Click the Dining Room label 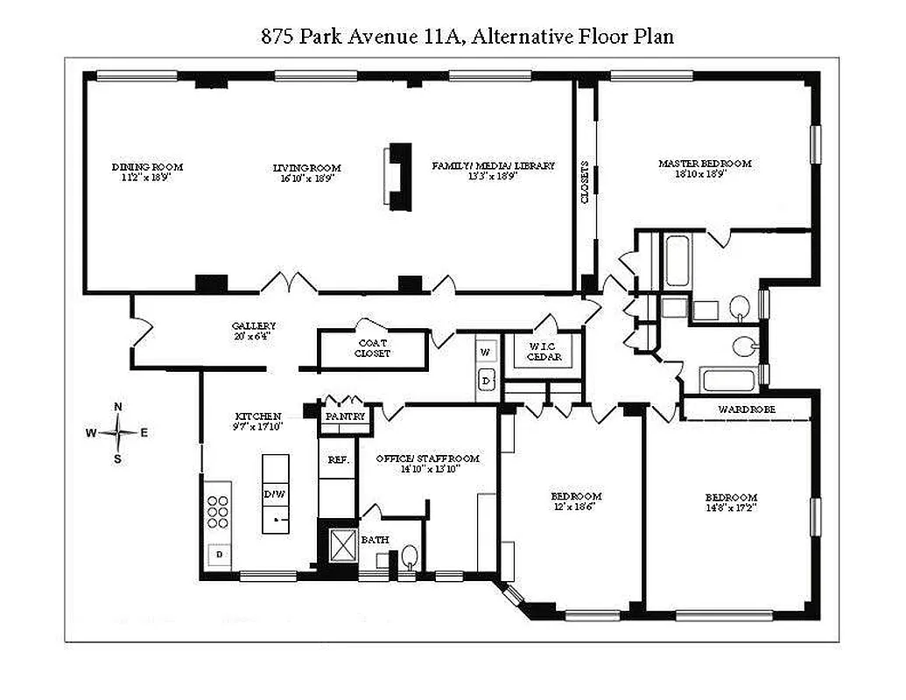[x=147, y=171]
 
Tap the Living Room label [x=306, y=171]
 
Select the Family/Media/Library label [x=493, y=170]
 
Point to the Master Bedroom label [x=705, y=168]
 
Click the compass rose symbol [x=118, y=432]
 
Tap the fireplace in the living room [x=399, y=175]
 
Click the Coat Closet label [x=372, y=348]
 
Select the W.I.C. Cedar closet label [x=544, y=352]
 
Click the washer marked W [x=487, y=352]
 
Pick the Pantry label [x=344, y=417]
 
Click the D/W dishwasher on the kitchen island [x=275, y=494]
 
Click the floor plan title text [x=467, y=37]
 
